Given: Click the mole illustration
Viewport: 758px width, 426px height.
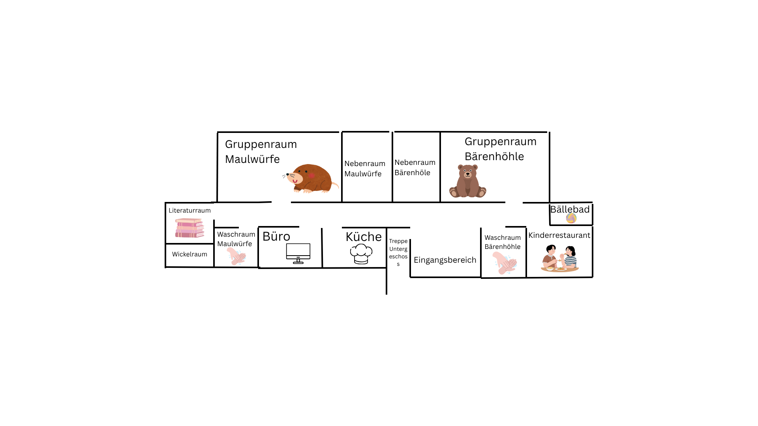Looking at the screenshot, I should pos(311,178).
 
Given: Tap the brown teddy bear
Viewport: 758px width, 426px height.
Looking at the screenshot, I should pos(468,181).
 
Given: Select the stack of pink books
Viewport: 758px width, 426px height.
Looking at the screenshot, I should pos(189,228).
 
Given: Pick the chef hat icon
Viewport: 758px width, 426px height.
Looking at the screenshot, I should pos(361,254).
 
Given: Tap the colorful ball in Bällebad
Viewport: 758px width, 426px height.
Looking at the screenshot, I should pos(571,218).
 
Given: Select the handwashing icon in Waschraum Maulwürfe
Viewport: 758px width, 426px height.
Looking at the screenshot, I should pos(236,256).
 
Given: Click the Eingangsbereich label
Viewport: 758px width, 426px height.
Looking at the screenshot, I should pos(445,260).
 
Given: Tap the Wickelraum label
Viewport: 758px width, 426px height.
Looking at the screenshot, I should pos(189,254).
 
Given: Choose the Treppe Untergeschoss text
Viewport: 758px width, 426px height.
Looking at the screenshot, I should pos(398,252).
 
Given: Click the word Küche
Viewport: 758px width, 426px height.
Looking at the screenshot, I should pos(364,237).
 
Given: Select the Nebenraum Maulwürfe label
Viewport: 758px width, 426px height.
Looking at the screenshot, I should pos(364,168).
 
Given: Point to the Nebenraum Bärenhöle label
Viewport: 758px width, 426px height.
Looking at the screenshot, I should pos(415,167).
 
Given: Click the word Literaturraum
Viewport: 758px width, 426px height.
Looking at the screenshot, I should pos(189,210).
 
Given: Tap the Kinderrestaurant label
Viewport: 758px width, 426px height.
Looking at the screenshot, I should pos(559,235).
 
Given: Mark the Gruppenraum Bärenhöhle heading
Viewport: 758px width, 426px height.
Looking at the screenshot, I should pos(500,149).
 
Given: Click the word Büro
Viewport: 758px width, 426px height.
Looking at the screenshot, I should pos(276,236).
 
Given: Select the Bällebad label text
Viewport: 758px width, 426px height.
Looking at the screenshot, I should pos(570,209).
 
